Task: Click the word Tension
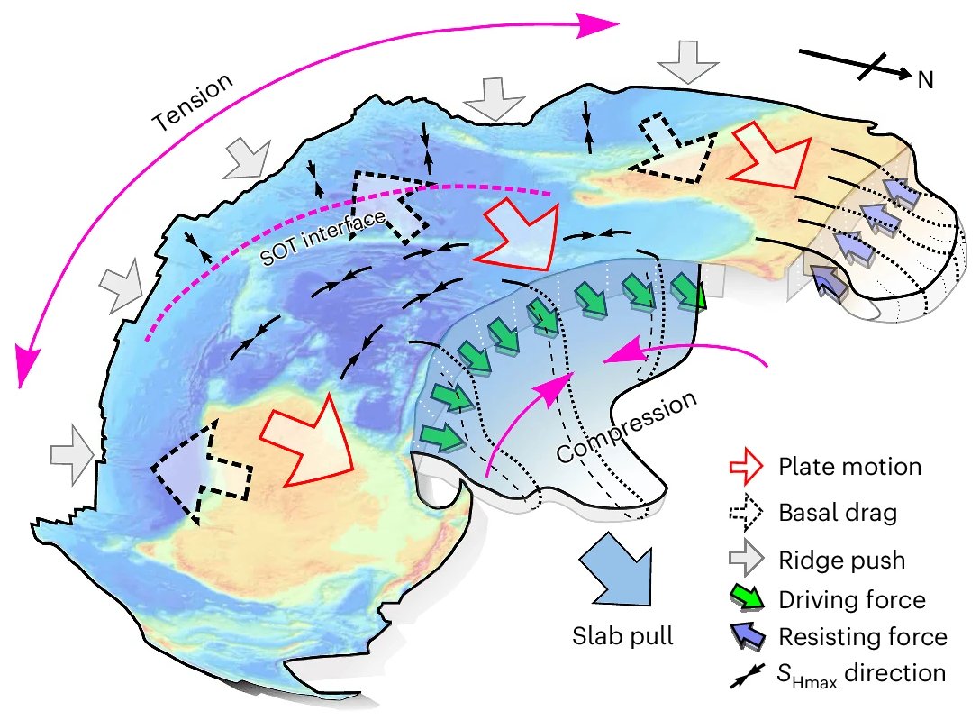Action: [192, 101]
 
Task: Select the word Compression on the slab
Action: [627, 427]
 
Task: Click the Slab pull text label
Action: [623, 635]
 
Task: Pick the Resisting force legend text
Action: [861, 636]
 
